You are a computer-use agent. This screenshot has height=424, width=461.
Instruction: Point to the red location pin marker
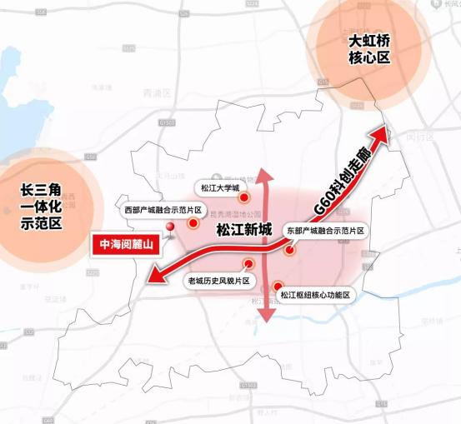tap(170, 228)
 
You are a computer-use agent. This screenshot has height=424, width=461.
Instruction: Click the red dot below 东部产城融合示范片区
tap(288, 249)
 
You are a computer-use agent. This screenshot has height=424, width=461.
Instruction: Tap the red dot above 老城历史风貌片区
tap(248, 264)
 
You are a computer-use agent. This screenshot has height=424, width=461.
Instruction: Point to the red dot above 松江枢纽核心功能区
tap(277, 286)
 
